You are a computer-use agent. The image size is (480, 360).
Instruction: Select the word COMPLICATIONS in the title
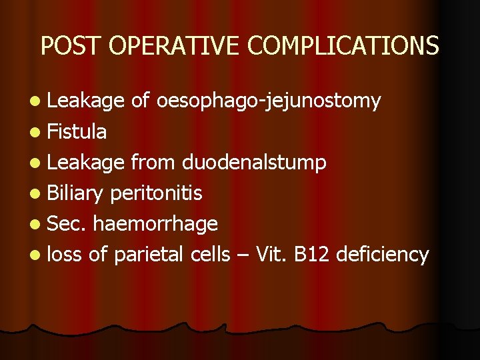point(343,45)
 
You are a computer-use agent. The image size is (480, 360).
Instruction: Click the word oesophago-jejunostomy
point(269,101)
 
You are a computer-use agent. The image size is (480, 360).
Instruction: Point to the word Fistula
point(77,132)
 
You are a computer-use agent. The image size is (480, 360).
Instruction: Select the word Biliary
point(76,194)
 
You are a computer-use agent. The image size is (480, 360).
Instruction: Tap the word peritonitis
point(156,193)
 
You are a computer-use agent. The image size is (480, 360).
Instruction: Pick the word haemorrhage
point(156,224)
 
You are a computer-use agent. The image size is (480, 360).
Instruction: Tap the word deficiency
point(383,255)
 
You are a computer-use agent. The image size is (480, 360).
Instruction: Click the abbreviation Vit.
point(272,254)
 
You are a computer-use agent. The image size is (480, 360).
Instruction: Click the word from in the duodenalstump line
point(153,163)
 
